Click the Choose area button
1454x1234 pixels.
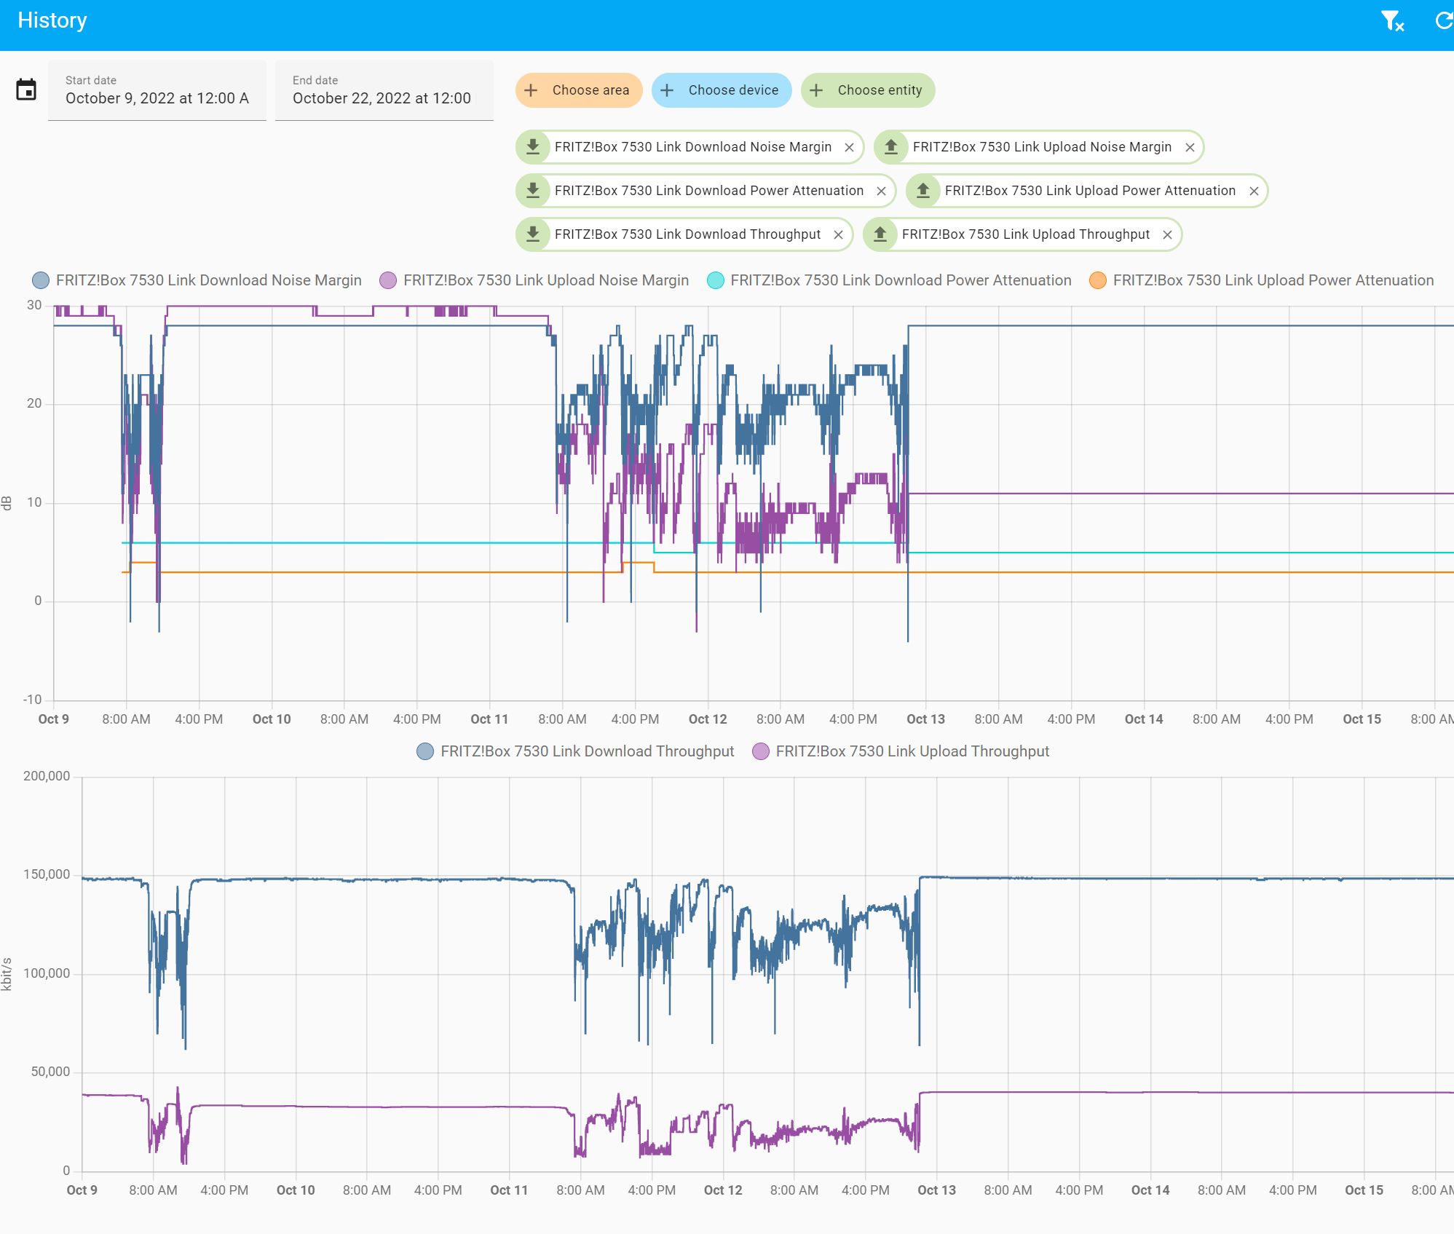pos(579,90)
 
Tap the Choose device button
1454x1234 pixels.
pos(721,90)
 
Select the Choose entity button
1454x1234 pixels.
pos(867,90)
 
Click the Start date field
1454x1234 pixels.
pos(157,90)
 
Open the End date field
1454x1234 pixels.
pos(384,90)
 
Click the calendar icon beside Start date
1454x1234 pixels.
pos(26,90)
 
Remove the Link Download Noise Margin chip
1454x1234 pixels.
pos(849,148)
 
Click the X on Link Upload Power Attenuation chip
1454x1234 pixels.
pos(1254,191)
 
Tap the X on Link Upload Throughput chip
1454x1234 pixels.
pos(1167,235)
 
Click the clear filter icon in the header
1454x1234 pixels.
pos(1391,21)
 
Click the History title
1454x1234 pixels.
pos(52,20)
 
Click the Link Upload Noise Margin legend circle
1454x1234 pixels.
pos(388,280)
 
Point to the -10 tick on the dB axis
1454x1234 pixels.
pos(33,700)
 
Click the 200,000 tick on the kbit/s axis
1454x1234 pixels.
pos(47,776)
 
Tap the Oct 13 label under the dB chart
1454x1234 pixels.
pos(925,719)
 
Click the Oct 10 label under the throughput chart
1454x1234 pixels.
pos(296,1190)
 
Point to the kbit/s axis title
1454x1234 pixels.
pos(7,974)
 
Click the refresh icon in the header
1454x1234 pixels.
pos(1443,21)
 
